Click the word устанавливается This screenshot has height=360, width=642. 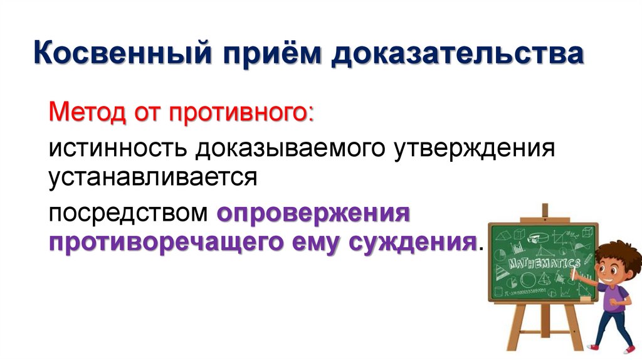[154, 176]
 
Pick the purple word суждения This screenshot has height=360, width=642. [416, 242]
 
